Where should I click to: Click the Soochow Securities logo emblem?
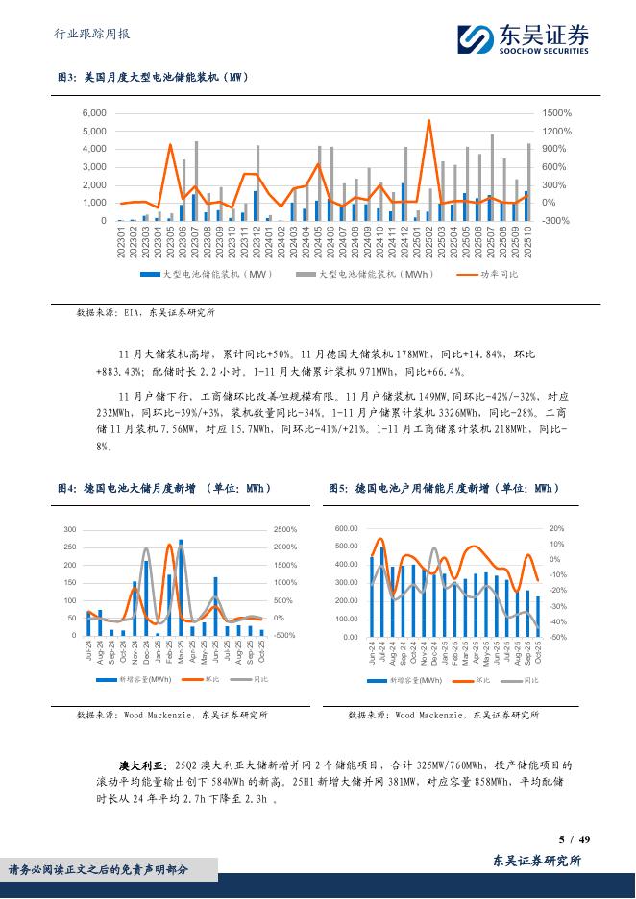tap(473, 39)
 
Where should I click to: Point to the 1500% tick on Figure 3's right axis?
tap(556, 113)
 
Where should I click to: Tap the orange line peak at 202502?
tap(428, 121)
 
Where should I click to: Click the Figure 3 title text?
tap(154, 78)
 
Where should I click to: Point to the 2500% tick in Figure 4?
tap(286, 530)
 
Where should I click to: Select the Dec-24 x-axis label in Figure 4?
tap(146, 654)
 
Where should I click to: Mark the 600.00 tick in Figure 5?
tap(346, 529)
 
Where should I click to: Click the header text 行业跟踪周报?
tap(88, 35)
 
